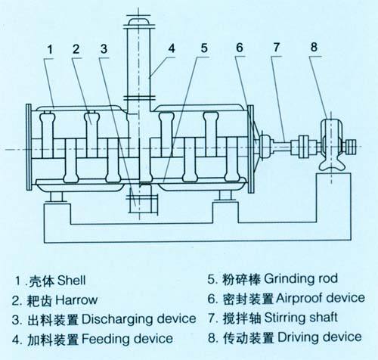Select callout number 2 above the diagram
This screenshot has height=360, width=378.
[x=76, y=50]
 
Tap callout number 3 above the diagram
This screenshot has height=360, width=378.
[x=104, y=50]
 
